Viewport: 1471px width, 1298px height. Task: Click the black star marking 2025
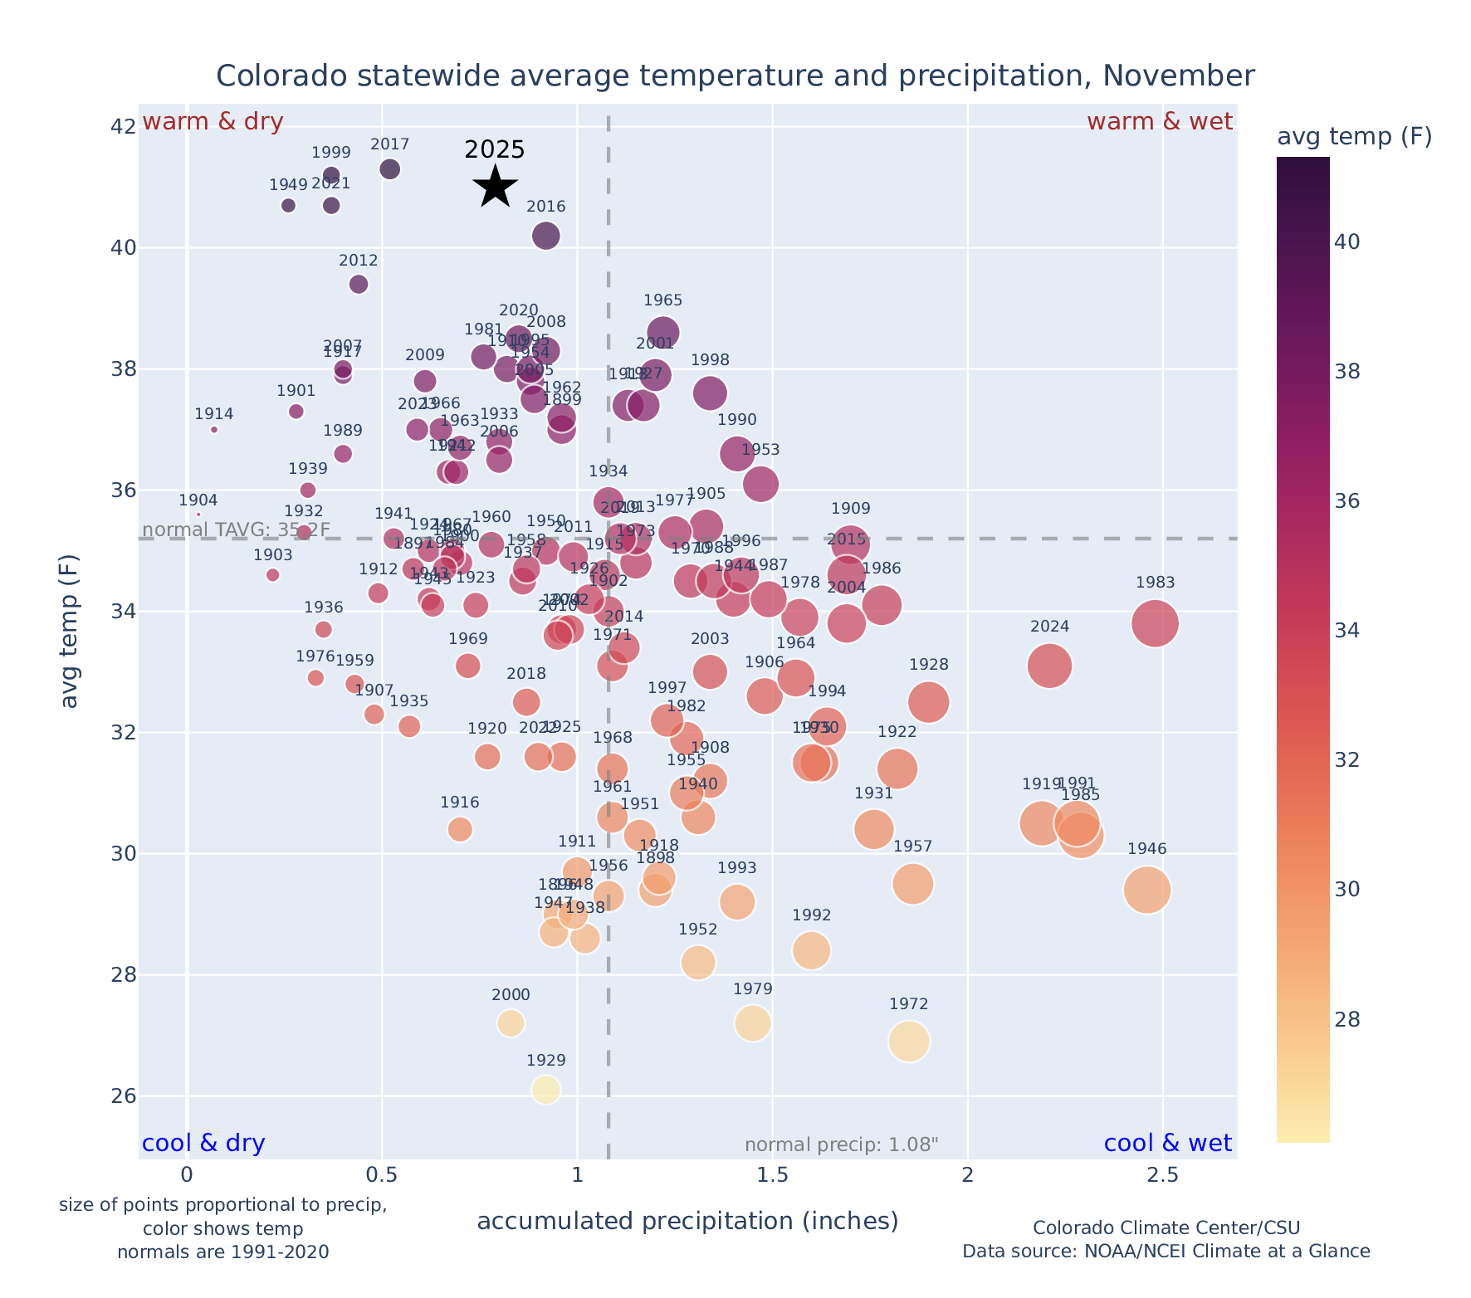point(495,187)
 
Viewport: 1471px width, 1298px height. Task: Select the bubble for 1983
point(1154,623)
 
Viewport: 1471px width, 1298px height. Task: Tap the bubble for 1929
point(545,1090)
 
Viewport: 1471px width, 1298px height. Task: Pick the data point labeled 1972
point(908,1042)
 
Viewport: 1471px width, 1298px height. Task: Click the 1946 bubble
point(1146,891)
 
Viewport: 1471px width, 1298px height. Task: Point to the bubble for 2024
point(1049,666)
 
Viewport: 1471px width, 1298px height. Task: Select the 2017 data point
point(389,169)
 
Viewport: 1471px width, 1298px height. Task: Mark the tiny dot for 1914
point(214,430)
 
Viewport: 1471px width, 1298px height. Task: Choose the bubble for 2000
point(511,1023)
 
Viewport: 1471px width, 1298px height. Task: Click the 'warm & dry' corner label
point(213,122)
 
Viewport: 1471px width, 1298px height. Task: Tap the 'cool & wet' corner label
point(1167,1144)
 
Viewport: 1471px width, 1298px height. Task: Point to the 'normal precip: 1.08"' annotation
point(841,1145)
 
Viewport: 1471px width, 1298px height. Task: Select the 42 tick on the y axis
point(123,127)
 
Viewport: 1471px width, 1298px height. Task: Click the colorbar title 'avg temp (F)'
point(1354,136)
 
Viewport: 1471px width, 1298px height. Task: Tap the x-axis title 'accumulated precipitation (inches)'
point(687,1221)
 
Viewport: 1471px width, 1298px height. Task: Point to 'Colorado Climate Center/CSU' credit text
point(1166,1227)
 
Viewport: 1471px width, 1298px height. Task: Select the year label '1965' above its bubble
point(662,300)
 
